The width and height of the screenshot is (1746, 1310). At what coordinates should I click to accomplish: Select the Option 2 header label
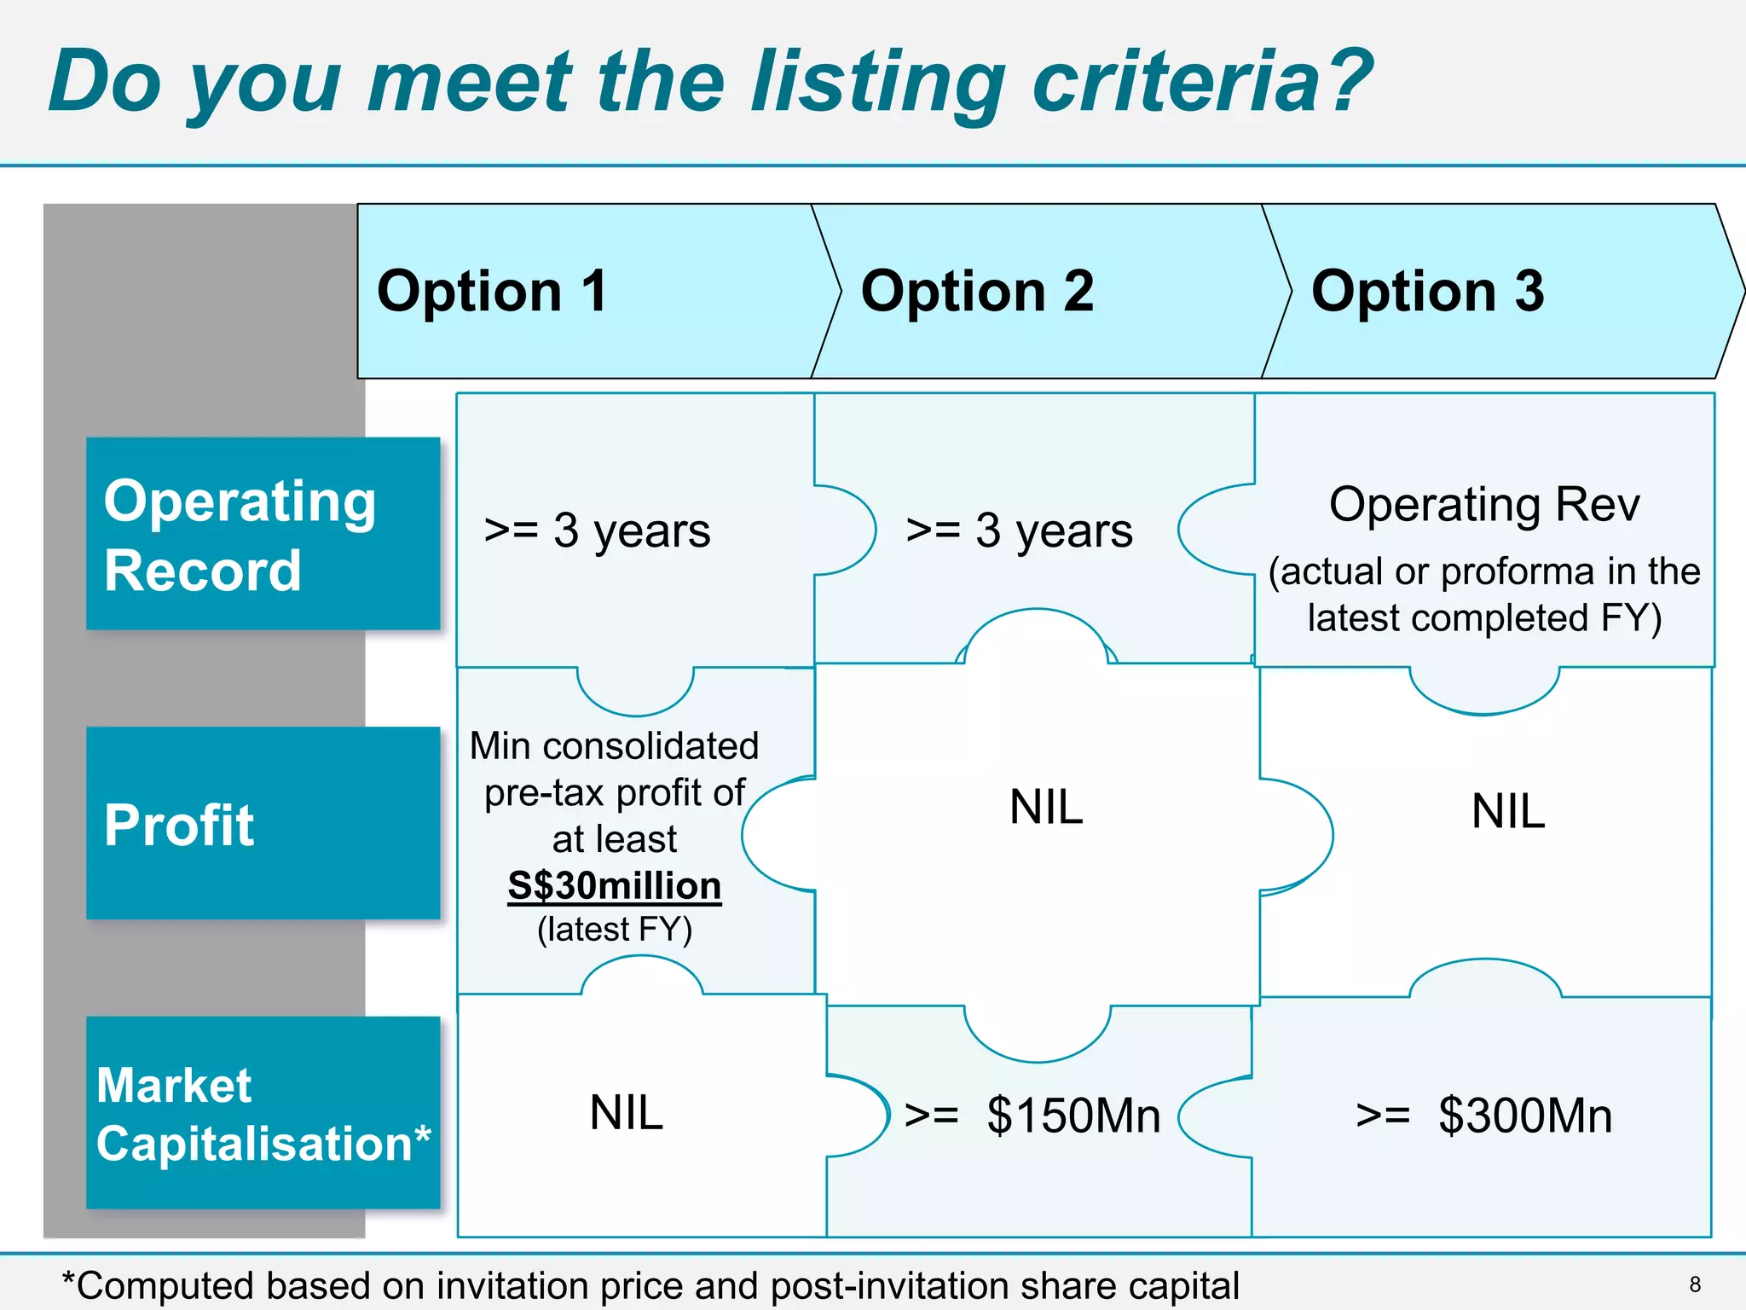[977, 291]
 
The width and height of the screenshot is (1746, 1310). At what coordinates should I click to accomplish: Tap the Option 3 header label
[1427, 291]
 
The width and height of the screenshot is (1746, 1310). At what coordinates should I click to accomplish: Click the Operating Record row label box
[263, 534]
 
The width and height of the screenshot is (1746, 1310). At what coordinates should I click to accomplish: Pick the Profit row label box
[263, 823]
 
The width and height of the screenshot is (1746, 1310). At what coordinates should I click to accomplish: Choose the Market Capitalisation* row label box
[263, 1112]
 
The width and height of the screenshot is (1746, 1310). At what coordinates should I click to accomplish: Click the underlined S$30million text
[614, 885]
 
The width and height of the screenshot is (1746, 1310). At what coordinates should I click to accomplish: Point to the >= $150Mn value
[1032, 1115]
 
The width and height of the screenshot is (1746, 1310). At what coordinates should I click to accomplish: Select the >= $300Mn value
[1483, 1115]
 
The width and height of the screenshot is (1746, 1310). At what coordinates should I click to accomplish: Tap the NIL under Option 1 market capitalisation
[626, 1112]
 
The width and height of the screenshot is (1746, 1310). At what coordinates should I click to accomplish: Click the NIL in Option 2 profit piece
[1046, 806]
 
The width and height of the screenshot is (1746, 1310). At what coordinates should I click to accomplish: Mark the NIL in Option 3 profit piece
[1507, 810]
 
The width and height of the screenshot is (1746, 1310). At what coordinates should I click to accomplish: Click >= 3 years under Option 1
[597, 530]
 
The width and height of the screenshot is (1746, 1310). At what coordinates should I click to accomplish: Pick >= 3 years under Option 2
[1019, 530]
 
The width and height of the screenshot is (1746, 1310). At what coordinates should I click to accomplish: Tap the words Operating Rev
[1483, 504]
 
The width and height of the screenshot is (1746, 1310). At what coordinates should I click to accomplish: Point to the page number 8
[1695, 1284]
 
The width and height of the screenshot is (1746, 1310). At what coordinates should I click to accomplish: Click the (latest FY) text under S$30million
[614, 930]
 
